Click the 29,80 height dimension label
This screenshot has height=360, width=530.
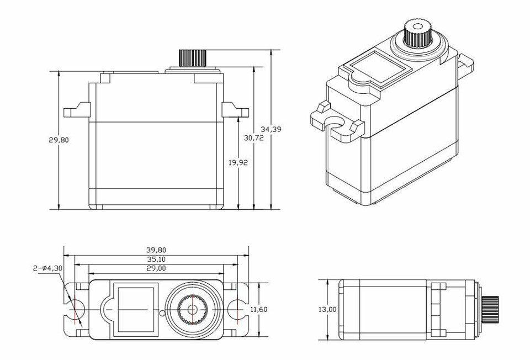click(59, 140)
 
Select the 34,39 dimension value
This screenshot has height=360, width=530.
click(271, 129)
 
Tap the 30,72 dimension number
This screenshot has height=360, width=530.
click(253, 138)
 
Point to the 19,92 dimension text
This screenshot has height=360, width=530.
click(238, 162)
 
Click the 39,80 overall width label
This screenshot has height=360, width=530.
click(156, 250)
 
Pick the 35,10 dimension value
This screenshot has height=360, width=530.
click(156, 259)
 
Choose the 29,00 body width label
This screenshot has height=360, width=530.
click(156, 268)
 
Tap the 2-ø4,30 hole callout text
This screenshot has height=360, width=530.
click(47, 269)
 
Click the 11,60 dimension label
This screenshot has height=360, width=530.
click(259, 310)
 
